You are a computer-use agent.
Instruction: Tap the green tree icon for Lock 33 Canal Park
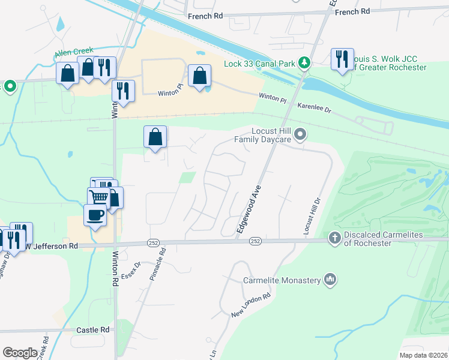305,62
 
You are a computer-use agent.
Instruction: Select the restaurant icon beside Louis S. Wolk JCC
342,59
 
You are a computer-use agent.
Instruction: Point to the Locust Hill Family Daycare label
262,135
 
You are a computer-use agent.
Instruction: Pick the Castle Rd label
93,330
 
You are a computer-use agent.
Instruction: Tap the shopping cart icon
100,196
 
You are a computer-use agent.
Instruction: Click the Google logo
20,353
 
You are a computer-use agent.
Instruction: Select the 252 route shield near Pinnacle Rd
152,242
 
